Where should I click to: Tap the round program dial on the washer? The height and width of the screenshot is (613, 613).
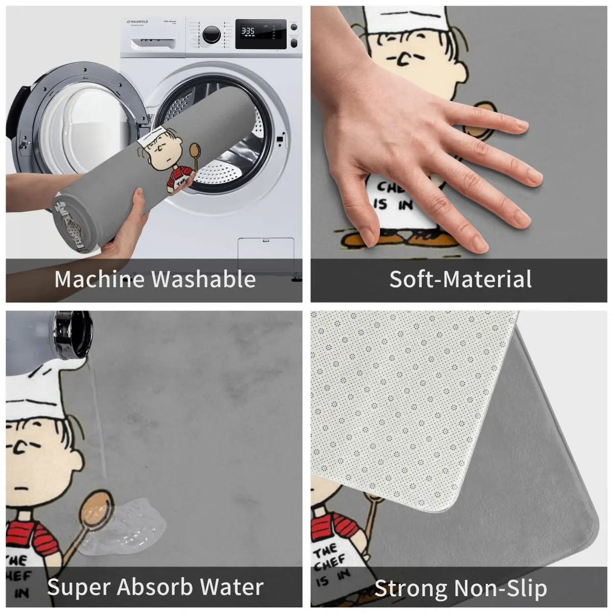pyautogui.click(x=211, y=34)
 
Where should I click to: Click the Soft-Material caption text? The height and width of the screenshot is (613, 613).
pyautogui.click(x=460, y=279)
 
